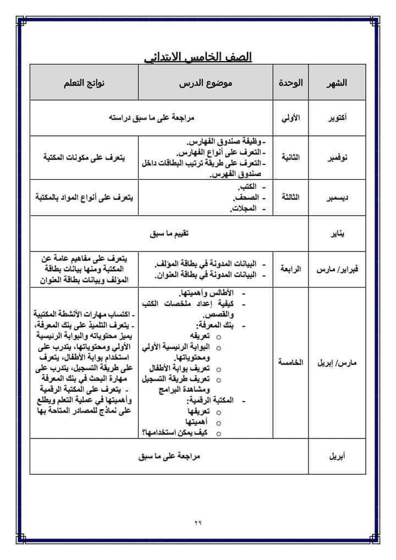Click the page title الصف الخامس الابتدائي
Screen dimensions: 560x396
(198, 57)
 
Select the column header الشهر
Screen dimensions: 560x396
(337, 83)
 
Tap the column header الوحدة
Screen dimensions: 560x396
(290, 83)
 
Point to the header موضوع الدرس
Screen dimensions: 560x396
(206, 83)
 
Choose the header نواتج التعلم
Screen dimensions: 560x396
(84, 83)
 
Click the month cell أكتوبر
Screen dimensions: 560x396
(337, 118)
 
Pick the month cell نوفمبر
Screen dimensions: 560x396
(337, 157)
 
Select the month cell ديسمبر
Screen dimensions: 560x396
(337, 197)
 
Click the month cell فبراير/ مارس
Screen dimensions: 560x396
(337, 270)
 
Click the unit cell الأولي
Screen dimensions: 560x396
(290, 118)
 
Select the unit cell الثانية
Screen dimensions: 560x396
(290, 157)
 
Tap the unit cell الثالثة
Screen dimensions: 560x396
(290, 197)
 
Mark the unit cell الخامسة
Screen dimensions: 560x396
(290, 363)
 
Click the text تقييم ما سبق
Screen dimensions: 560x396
(170, 234)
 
